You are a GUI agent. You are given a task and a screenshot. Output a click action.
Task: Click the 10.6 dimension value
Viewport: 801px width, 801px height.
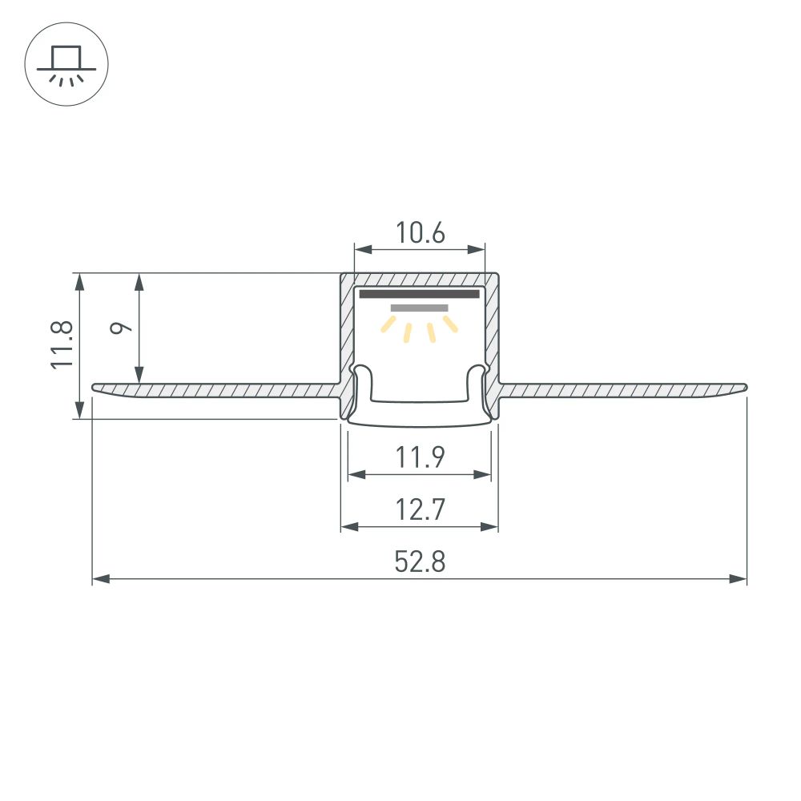(420, 233)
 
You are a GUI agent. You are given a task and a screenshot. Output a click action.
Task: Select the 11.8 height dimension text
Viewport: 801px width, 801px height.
(62, 344)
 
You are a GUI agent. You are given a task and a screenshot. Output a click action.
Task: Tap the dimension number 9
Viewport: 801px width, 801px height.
(120, 328)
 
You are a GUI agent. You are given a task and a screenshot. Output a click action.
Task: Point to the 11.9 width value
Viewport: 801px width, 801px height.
(420, 458)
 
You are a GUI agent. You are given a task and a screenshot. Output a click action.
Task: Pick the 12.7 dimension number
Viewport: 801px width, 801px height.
(420, 510)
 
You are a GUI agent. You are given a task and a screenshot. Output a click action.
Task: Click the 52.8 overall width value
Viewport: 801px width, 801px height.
(420, 562)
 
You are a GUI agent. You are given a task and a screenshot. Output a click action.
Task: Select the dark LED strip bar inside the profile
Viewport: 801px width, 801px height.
(420, 294)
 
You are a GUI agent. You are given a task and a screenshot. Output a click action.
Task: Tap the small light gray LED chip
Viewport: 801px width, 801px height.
(420, 308)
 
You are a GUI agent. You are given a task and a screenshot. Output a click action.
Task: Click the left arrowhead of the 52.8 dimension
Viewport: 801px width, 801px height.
(99, 578)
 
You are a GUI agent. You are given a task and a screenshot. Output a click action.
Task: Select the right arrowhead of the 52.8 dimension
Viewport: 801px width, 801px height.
(740, 578)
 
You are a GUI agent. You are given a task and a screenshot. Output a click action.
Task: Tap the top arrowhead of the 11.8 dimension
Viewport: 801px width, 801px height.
(78, 280)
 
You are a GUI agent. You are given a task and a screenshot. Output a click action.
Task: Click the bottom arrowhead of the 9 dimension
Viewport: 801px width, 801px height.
(139, 376)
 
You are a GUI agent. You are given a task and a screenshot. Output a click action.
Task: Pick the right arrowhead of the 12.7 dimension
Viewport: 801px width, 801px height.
(491, 526)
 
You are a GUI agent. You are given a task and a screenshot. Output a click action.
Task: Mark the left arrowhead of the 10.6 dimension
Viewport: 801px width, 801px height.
(361, 249)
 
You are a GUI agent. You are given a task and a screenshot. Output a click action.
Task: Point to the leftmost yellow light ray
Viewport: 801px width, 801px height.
(389, 324)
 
